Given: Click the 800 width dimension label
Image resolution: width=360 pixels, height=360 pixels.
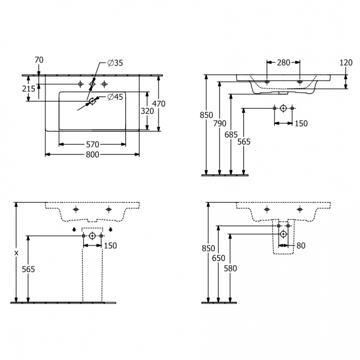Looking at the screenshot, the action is pos(92,155).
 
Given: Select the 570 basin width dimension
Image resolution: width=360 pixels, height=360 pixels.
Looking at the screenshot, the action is pos(92,145).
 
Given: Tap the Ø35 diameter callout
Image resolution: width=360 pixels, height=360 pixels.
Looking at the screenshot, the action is pos(115,63).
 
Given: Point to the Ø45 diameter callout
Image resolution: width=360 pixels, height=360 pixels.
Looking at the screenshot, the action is pos(115,97).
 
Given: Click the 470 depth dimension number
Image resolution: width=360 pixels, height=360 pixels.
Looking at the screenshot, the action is pos(159,104).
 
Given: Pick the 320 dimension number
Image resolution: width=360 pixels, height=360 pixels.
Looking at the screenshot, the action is pos(147,111).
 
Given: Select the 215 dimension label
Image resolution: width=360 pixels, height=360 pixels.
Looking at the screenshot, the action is pos(29,89).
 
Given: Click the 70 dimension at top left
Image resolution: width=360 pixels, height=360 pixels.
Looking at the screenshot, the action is pos(39,60).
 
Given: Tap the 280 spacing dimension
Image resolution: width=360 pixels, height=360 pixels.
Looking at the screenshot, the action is pos(284,63).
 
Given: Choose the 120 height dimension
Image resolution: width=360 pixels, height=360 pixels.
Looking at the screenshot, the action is pos(346,63).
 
